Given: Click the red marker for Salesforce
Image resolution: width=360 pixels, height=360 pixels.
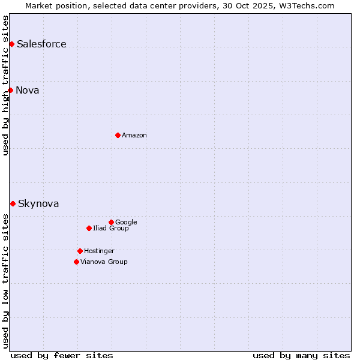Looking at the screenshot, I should tap(11, 44).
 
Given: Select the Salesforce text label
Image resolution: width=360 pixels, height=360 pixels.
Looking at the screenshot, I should tap(41, 44).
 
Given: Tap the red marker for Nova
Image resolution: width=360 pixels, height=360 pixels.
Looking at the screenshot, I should tap(10, 90).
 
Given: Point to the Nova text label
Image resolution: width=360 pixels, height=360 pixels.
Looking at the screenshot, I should tap(28, 90).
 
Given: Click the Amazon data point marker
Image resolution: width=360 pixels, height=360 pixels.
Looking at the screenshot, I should tap(118, 135).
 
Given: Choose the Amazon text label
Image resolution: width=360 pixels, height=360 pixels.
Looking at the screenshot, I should tap(134, 135).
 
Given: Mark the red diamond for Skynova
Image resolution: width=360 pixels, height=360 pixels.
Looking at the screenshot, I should tap(13, 203).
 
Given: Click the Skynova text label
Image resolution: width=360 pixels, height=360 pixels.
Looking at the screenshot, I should tap(38, 203).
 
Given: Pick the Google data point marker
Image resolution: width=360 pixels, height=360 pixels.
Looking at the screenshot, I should tap(111, 222).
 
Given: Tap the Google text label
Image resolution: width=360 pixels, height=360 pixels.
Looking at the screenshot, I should tap(126, 222).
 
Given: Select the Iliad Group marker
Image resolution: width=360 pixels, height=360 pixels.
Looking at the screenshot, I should tap(89, 228).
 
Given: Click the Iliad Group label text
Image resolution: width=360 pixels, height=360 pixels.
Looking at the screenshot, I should tap(111, 228).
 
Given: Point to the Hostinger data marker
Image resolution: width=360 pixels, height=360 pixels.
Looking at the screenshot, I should tap(80, 251).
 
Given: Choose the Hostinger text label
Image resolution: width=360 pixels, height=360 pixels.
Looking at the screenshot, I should tap(99, 251).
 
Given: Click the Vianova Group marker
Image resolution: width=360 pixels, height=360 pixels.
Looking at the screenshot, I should tap(76, 262).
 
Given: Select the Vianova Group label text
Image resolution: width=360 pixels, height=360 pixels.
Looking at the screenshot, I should tap(104, 262).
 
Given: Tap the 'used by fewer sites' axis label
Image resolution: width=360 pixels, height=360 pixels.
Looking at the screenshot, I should tap(62, 355).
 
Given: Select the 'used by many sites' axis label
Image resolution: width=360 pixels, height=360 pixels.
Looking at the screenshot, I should tap(301, 355).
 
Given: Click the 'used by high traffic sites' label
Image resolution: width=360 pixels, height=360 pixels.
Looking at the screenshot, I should tap(5, 85).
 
